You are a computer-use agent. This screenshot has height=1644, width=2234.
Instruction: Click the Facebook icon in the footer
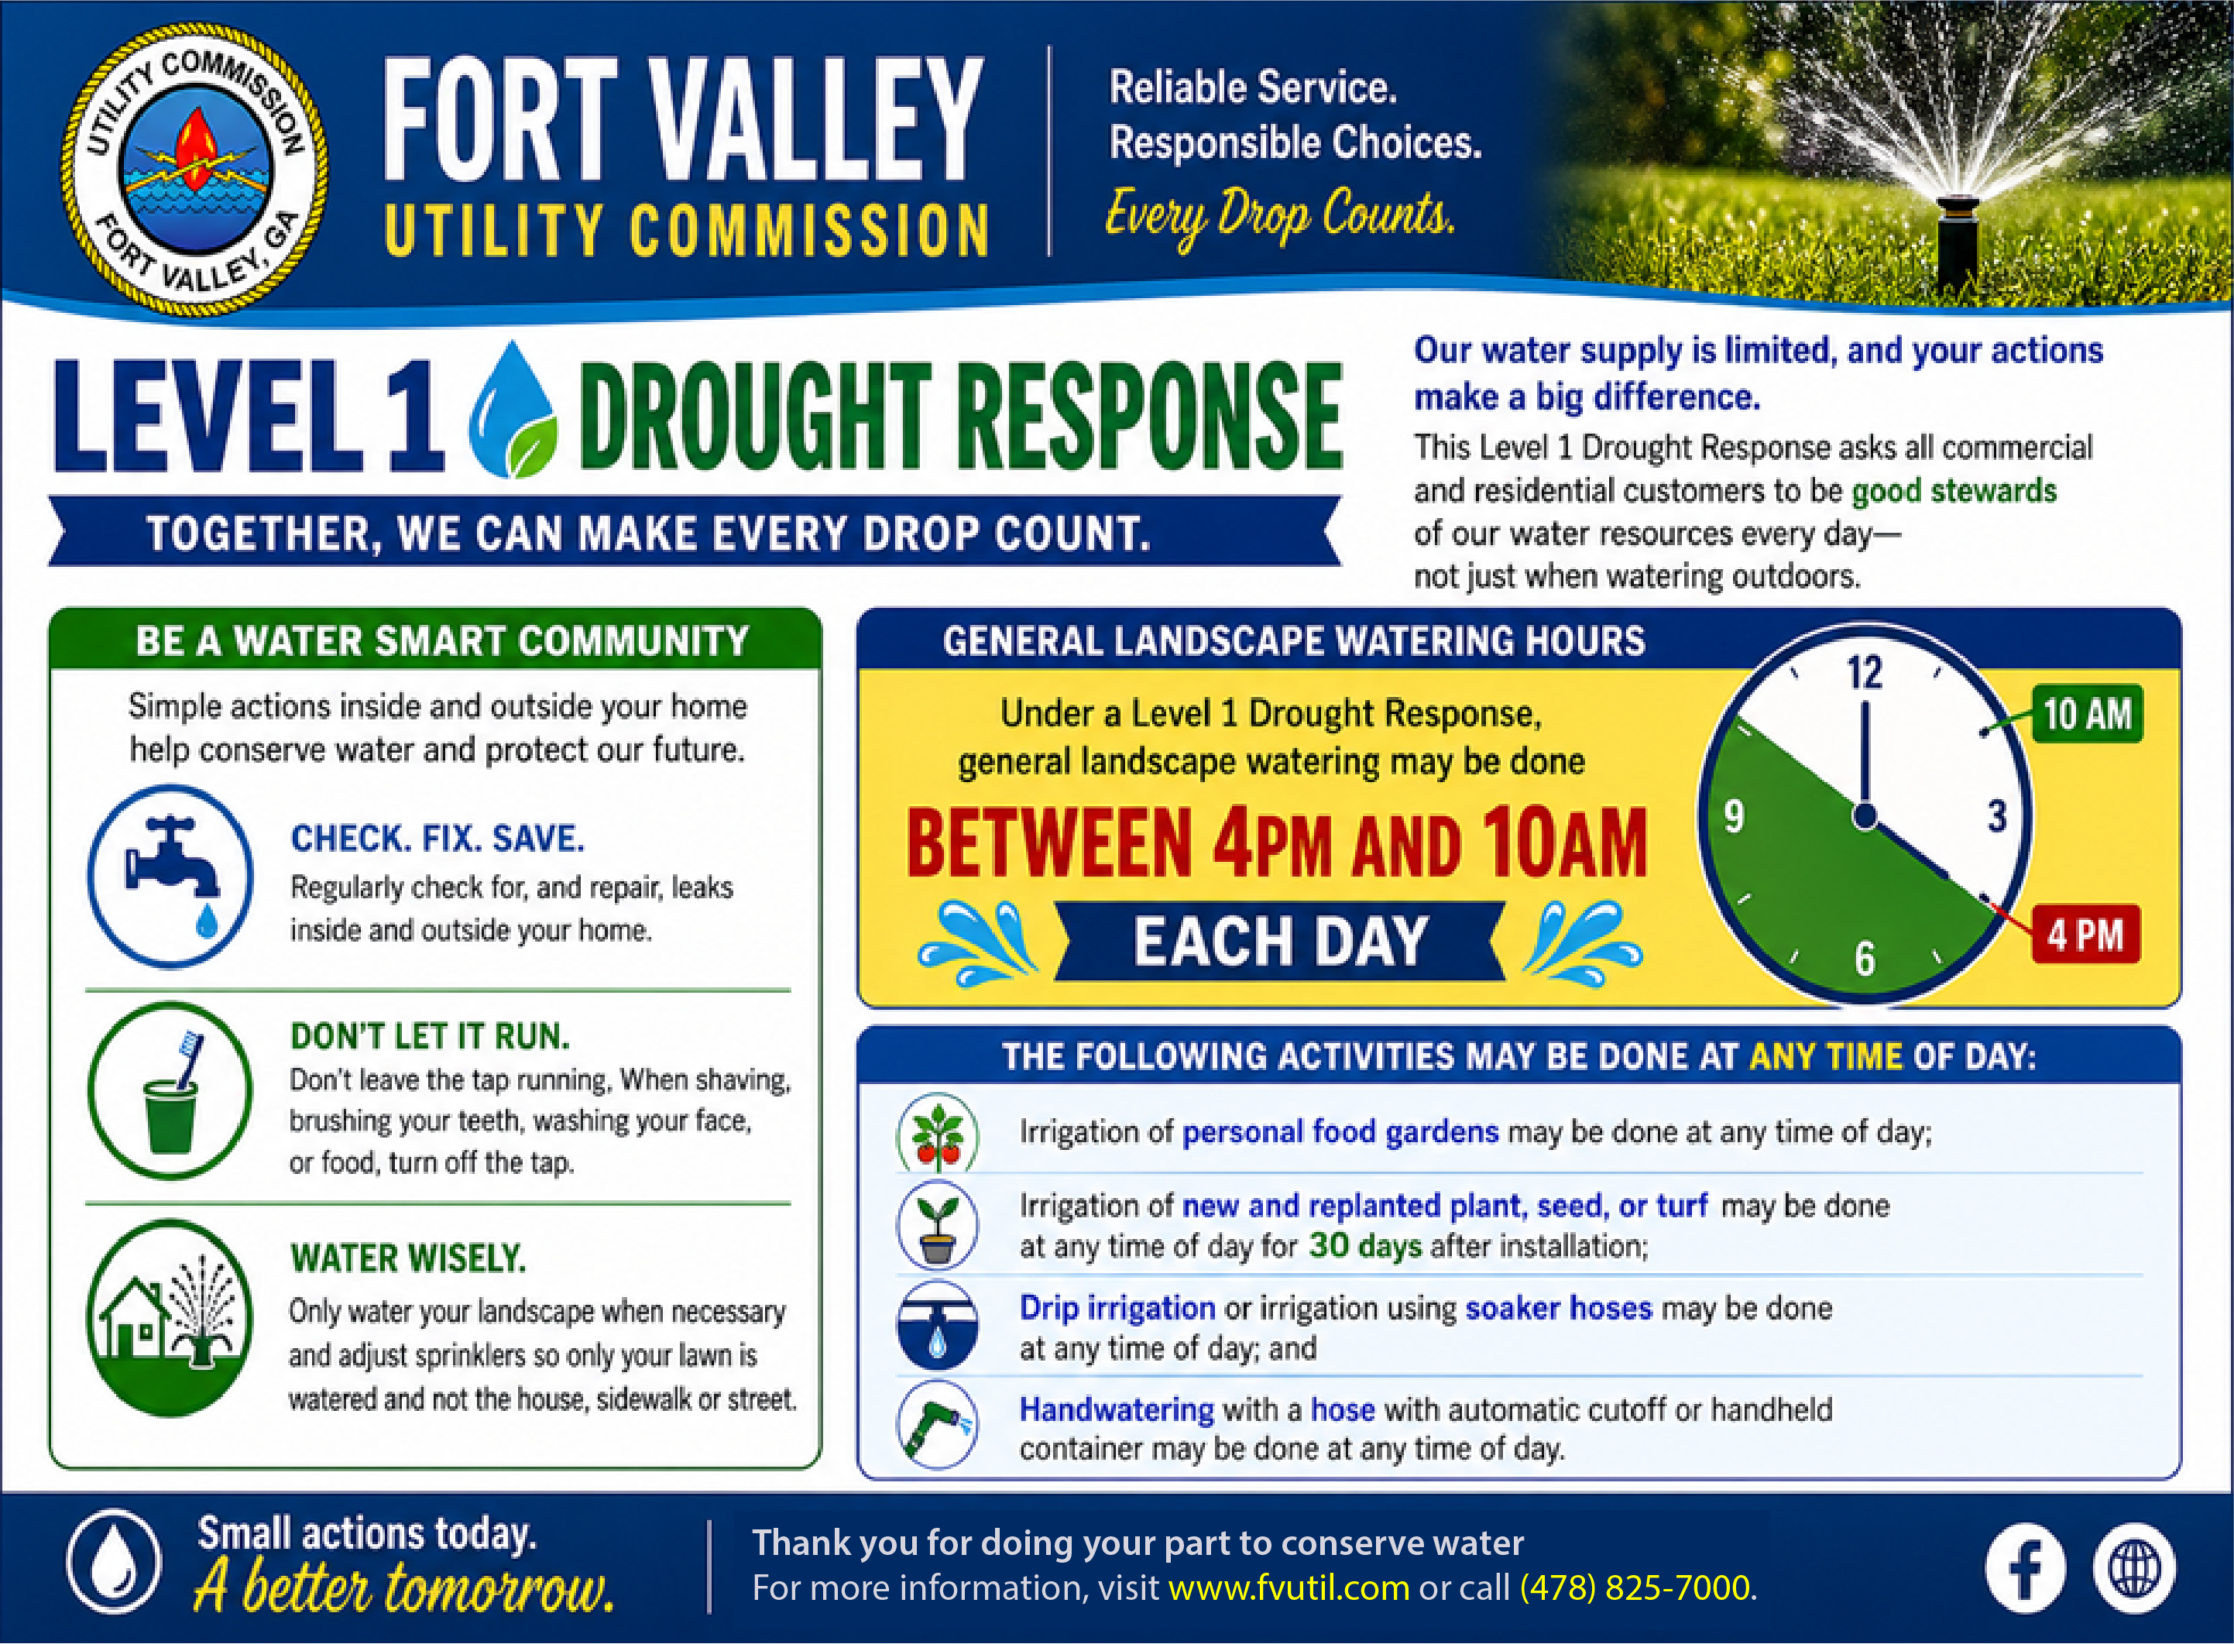2025,1570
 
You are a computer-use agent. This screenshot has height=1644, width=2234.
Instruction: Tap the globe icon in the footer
2133,1570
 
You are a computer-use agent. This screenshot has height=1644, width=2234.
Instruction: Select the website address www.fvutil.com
1289,1587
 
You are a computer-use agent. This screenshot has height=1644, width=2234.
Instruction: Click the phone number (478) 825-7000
1635,1587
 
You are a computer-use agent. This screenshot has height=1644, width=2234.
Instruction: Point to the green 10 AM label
2087,713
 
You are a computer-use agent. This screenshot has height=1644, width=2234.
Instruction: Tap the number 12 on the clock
1865,674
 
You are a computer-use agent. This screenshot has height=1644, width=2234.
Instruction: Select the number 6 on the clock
1865,959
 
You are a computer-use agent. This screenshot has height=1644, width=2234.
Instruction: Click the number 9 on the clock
1735,816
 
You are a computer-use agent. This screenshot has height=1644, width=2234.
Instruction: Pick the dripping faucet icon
170,877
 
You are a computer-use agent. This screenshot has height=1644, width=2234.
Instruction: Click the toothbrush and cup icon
170,1090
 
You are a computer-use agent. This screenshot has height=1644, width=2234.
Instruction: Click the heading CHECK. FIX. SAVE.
437,839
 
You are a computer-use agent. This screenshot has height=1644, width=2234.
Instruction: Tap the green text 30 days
1364,1246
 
